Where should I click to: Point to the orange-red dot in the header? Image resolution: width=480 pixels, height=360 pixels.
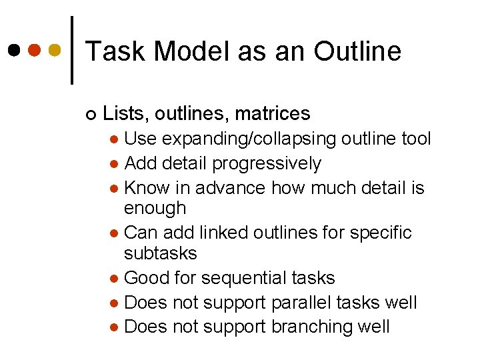(x=35, y=50)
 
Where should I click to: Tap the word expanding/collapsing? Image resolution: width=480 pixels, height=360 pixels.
(x=248, y=139)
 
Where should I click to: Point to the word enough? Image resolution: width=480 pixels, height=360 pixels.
(x=155, y=209)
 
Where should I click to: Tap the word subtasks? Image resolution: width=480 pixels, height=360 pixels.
(x=161, y=253)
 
